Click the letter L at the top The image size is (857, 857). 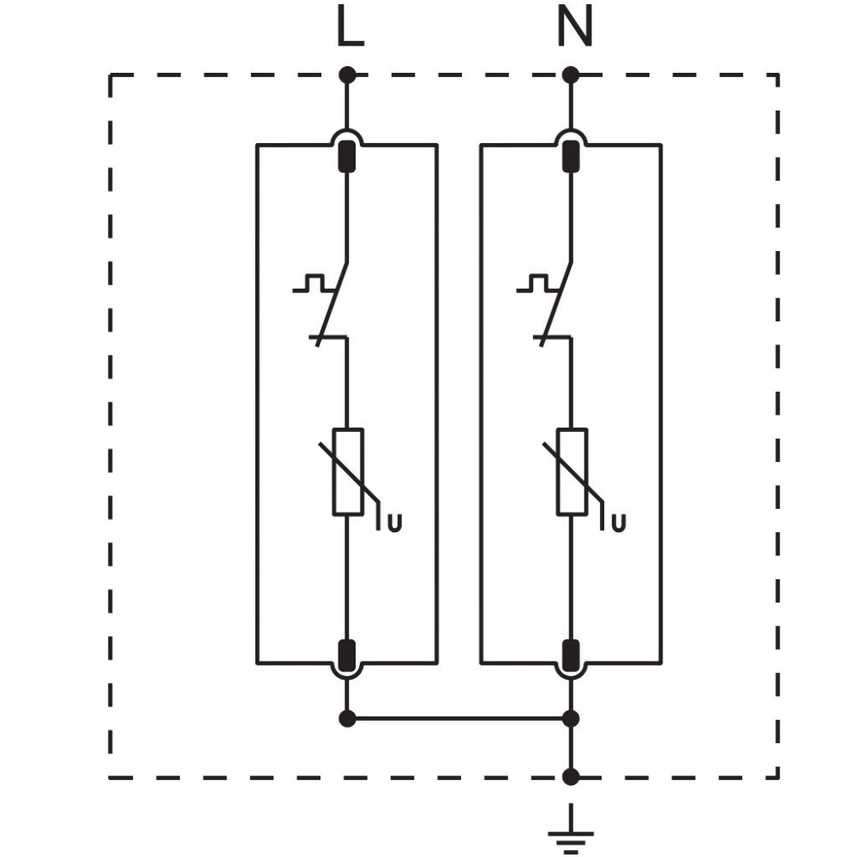pos(351,27)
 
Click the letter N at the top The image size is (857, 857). pos(575,27)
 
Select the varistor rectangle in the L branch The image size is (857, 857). pos(348,471)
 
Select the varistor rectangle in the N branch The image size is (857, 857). pos(572,471)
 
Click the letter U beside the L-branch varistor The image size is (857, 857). pos(394,523)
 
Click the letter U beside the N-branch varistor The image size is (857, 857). pos(618,523)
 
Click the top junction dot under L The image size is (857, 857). pos(347,75)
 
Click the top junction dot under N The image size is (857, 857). pos(571,75)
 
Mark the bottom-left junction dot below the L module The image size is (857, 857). pos(347,718)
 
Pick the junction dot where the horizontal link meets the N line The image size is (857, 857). pos(571,718)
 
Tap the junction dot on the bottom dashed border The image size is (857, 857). pos(571,776)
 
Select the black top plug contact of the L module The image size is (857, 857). pos(347,156)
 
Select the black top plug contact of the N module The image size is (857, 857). pos(571,156)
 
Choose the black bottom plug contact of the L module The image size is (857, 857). pos(347,655)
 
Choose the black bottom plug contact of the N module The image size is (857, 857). pos(571,655)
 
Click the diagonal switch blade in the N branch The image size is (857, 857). pos(556,304)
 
